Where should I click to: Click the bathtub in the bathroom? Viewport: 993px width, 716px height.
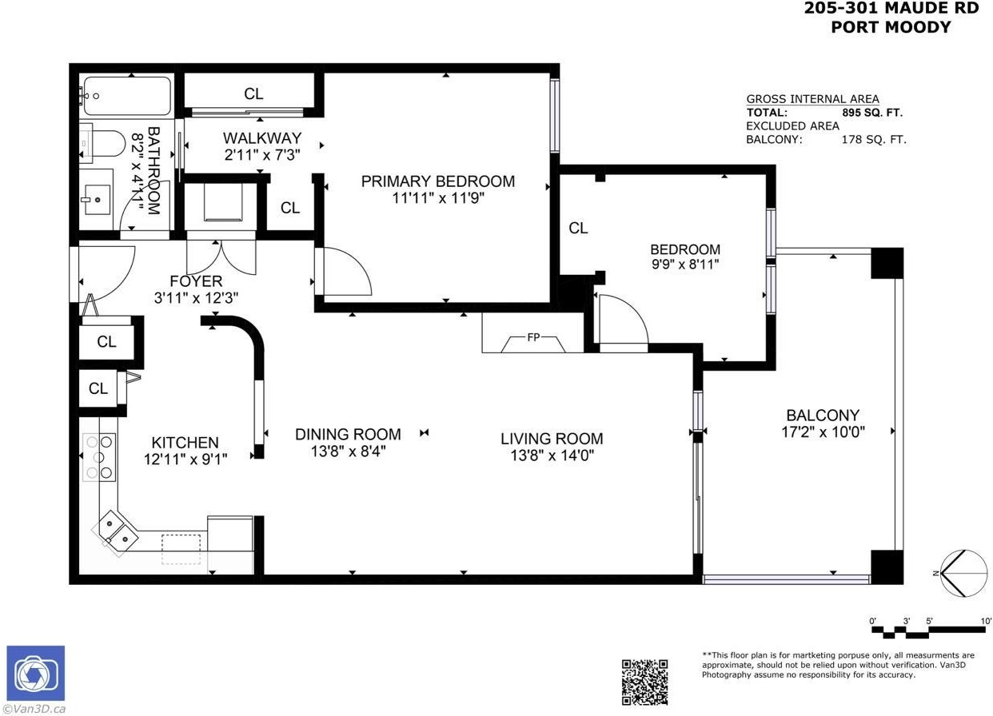(x=126, y=96)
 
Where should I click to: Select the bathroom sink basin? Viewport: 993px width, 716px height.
(x=98, y=200)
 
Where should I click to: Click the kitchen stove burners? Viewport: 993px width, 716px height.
(x=99, y=457)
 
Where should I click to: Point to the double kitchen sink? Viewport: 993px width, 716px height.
(x=115, y=533)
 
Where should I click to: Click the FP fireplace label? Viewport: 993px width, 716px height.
(x=534, y=337)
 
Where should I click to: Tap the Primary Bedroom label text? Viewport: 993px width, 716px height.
(x=438, y=181)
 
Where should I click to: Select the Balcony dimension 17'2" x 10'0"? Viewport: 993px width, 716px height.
(x=824, y=432)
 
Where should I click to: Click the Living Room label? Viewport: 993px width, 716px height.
(x=552, y=439)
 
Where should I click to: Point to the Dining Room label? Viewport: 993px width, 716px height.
(x=348, y=434)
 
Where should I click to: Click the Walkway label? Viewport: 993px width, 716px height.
(x=262, y=138)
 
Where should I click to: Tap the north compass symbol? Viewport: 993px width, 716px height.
(x=963, y=573)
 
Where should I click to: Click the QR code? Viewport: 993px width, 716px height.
(x=644, y=682)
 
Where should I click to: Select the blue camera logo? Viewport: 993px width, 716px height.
(x=35, y=673)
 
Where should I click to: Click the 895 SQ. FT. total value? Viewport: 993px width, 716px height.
(x=872, y=113)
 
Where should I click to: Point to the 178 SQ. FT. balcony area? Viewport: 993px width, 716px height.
(x=874, y=140)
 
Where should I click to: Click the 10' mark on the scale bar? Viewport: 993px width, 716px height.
(x=986, y=621)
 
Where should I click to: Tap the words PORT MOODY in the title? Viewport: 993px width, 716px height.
(x=891, y=27)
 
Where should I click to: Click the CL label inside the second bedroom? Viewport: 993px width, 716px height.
(x=578, y=229)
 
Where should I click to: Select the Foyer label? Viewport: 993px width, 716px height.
(x=196, y=281)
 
